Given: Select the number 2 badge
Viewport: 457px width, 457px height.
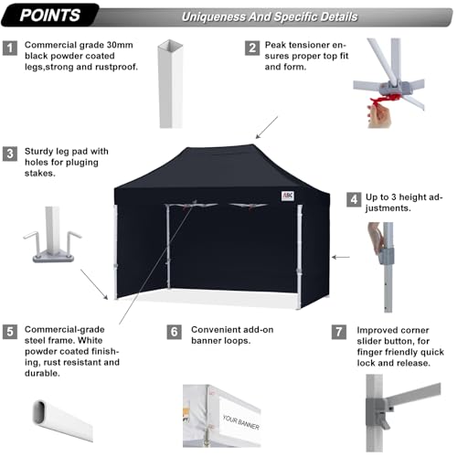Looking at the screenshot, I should click(x=251, y=48).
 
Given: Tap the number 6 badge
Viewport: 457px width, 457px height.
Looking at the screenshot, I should click(x=175, y=331).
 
